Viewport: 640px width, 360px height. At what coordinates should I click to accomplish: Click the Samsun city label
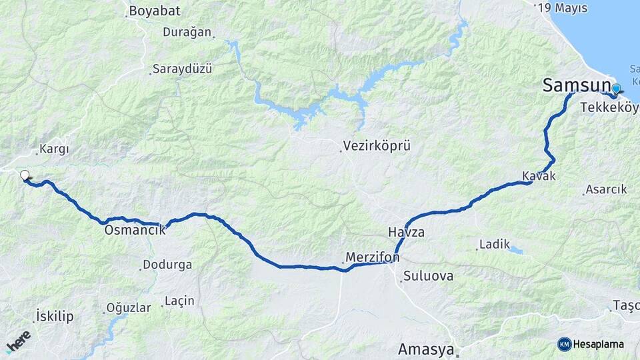[576, 85]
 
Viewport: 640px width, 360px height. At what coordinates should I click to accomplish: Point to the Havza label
[406, 232]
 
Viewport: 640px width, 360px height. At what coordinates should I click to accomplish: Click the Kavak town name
[539, 175]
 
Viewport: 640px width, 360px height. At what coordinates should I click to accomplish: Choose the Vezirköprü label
[377, 145]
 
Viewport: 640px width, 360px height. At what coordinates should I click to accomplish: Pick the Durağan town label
[187, 32]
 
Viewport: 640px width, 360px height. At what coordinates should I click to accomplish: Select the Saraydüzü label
[182, 69]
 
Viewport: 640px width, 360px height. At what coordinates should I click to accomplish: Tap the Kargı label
[55, 149]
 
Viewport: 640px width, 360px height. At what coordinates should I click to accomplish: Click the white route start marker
[25, 175]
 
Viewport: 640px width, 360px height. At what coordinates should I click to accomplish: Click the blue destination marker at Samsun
[616, 89]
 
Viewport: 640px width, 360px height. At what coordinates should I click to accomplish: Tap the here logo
[19, 341]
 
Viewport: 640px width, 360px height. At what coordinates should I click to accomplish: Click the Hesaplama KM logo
[591, 344]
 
